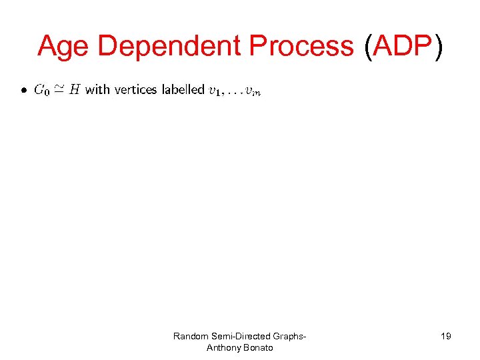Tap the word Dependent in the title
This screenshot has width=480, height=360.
click(170, 47)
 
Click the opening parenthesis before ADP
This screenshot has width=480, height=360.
click(369, 47)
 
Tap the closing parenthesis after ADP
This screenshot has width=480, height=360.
click(437, 47)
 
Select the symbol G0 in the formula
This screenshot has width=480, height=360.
click(41, 90)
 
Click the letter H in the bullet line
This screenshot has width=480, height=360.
click(75, 89)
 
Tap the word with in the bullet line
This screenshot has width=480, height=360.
click(97, 89)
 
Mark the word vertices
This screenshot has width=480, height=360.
click(136, 89)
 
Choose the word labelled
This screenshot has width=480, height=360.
click(183, 89)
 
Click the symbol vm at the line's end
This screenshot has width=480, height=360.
click(253, 91)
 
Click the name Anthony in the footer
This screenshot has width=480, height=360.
click(225, 347)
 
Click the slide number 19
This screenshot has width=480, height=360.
click(445, 336)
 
